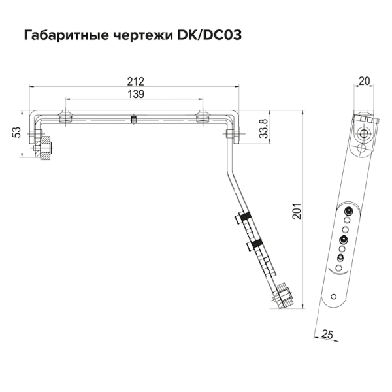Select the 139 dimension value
tap(135, 95)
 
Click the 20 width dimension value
tap(365, 81)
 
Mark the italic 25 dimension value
tap(328, 335)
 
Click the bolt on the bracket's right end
tap(233, 135)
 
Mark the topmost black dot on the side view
tap(348, 210)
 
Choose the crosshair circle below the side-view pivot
tap(361, 148)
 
